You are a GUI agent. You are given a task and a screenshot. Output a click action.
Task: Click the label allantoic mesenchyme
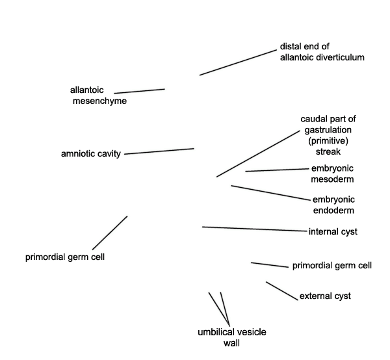(x=98, y=96)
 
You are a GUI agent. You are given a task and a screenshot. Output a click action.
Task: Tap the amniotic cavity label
(x=91, y=153)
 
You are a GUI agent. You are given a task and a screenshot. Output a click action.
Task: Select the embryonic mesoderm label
(x=332, y=174)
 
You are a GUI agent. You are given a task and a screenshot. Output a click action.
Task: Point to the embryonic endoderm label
(x=333, y=205)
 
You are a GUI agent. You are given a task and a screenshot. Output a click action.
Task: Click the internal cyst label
(x=333, y=232)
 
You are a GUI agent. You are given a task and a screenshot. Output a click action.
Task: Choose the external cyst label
(x=325, y=296)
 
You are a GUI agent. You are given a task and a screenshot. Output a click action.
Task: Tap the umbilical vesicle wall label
(x=232, y=338)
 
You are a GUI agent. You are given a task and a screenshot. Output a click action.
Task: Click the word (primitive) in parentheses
(x=328, y=141)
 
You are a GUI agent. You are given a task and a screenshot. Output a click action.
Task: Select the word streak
(x=328, y=151)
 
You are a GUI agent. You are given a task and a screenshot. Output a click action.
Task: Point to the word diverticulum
(x=340, y=57)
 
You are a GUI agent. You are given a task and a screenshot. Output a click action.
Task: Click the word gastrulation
(x=328, y=130)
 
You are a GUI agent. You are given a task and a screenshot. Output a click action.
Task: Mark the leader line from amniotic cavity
(x=159, y=151)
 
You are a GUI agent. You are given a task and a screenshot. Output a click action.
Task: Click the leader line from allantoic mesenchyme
(x=139, y=91)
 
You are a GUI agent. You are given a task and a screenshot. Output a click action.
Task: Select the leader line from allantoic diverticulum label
(x=238, y=62)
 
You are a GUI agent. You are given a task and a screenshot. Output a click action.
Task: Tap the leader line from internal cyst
(x=255, y=229)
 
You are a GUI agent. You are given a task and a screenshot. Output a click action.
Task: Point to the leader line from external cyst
(x=282, y=291)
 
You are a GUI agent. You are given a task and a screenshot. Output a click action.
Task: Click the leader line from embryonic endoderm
(x=271, y=193)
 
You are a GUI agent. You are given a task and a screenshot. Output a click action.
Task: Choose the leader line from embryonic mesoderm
(x=277, y=170)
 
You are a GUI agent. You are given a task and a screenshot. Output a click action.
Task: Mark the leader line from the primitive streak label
(x=258, y=153)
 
